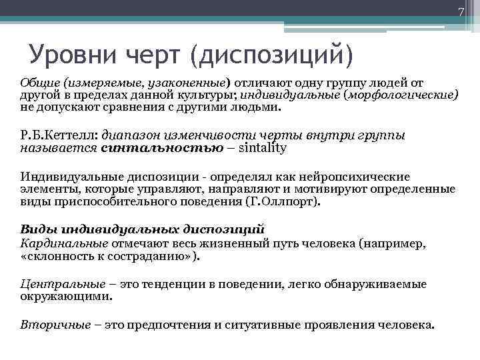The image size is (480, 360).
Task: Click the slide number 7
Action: coord(459,11)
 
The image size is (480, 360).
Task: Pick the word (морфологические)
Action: coord(401,94)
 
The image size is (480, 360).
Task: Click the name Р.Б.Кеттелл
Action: coord(59,135)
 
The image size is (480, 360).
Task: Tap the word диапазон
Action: coord(134,135)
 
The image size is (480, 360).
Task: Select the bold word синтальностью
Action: coord(162,147)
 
